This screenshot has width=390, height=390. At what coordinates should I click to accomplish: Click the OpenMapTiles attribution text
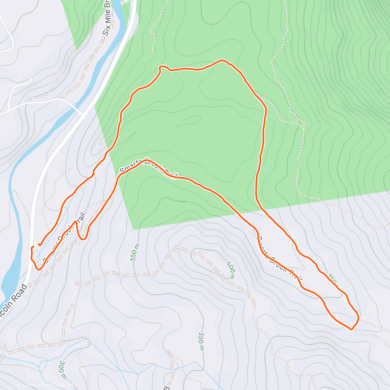[33, 386]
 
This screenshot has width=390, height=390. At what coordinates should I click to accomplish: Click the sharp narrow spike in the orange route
[76, 222]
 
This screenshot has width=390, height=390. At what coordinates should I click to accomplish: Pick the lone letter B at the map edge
[167, 388]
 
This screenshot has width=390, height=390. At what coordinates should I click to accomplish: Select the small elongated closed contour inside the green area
[188, 122]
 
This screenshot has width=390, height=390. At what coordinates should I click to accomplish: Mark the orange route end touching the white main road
[32, 248]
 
